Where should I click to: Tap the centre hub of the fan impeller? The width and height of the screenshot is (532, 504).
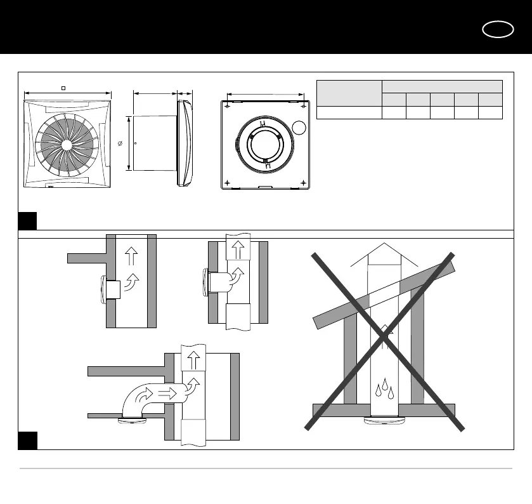(67, 145)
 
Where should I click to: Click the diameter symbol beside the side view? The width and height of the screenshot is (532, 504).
(120, 145)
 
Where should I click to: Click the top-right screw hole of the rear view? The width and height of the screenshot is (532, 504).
(306, 105)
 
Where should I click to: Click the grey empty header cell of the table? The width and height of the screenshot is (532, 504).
(349, 93)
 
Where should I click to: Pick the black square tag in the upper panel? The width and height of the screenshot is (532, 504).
(27, 221)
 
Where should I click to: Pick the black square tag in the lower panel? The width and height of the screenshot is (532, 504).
(27, 441)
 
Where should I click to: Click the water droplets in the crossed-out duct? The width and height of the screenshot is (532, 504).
(385, 388)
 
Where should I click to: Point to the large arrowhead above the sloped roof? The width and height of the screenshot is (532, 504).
(384, 254)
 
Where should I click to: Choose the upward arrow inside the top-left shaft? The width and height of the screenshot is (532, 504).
(132, 256)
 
